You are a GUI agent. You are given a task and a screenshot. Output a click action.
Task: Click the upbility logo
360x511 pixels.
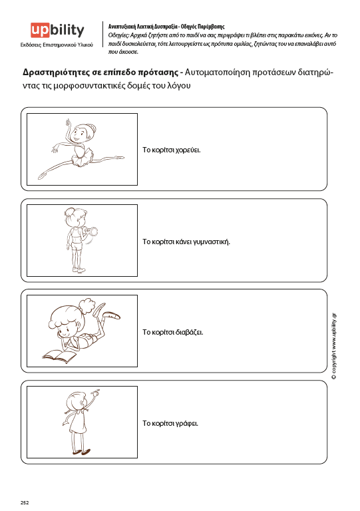tap(57, 31)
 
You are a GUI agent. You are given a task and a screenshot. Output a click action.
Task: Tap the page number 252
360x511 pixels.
tap(25, 502)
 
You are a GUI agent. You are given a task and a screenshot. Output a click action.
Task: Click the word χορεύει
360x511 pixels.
tap(188, 150)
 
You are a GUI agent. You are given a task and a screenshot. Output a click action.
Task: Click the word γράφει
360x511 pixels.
tap(187, 423)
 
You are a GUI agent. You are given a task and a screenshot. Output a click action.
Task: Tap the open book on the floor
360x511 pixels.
tap(59, 356)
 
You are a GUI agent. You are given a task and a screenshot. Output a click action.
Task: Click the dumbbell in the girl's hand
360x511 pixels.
tap(91, 232)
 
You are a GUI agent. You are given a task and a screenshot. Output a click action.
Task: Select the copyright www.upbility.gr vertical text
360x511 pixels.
tap(333, 346)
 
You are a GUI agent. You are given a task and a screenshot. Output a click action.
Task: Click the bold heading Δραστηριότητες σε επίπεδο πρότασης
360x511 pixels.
tap(100, 72)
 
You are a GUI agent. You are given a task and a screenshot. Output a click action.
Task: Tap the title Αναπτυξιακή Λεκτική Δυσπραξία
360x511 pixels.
tap(142, 27)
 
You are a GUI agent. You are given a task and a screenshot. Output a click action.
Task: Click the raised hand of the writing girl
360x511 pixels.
tap(94, 393)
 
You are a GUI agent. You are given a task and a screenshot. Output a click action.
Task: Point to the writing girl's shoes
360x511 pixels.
tap(81, 452)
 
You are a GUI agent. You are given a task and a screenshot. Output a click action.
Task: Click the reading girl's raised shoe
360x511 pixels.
tap(111, 315)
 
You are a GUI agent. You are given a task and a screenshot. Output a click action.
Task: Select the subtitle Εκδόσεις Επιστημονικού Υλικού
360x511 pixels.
tap(57, 45)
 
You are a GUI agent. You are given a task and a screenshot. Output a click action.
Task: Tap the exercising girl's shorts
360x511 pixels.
tap(77, 246)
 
